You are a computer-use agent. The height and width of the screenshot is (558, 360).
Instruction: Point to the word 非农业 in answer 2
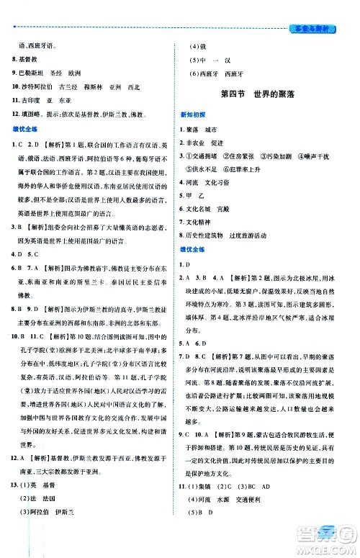(198, 142)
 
